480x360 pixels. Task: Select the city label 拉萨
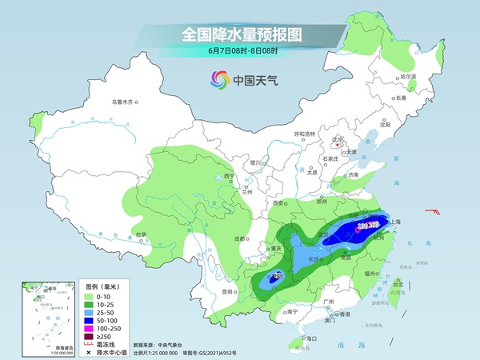141,234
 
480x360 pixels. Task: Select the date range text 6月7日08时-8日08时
239,50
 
